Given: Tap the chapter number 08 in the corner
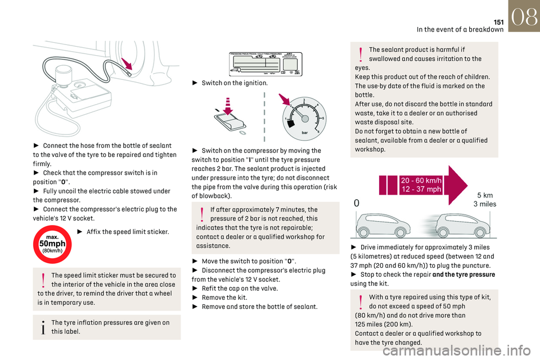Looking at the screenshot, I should (x=524, y=16).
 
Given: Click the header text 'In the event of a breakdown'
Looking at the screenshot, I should (x=460, y=30).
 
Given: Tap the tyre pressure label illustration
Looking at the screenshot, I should (x=265, y=62).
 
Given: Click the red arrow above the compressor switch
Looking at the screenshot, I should (x=228, y=106).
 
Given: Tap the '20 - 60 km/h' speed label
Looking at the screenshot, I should (x=421, y=180).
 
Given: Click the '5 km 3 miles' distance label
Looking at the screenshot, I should (x=484, y=200).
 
